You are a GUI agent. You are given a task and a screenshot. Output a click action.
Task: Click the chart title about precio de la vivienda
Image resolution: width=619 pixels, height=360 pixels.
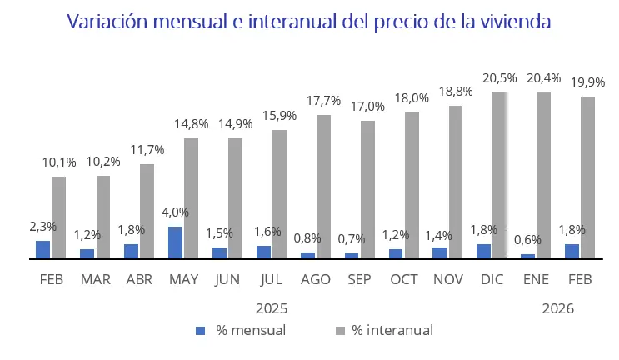(309, 21)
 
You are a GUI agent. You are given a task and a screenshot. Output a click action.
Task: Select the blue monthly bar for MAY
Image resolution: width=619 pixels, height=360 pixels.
(176, 242)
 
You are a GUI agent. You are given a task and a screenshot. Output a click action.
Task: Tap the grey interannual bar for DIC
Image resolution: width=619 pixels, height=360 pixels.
(499, 175)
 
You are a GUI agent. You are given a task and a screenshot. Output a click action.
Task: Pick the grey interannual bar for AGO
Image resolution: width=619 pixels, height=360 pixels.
(323, 187)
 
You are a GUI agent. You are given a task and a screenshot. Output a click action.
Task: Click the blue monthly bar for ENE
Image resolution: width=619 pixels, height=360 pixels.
(527, 256)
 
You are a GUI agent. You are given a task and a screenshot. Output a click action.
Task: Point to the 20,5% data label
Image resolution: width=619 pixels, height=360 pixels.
(499, 78)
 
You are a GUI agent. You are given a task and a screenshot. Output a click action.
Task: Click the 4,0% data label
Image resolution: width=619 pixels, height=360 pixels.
(176, 212)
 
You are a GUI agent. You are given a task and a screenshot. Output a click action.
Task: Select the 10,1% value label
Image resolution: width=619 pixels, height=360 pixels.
(59, 162)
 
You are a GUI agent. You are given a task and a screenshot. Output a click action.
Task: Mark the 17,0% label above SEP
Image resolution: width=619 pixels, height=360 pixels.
(367, 107)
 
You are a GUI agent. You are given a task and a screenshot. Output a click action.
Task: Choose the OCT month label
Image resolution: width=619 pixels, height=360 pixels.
(404, 279)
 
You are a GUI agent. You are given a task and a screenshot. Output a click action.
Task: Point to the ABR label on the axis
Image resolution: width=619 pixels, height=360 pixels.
(138, 279)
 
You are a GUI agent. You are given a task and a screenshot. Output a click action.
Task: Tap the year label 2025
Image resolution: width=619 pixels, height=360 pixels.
(272, 308)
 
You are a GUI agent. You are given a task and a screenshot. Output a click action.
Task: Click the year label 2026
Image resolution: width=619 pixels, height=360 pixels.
(558, 308)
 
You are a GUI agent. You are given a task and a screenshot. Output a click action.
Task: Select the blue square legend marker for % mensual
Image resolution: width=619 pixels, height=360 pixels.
(200, 331)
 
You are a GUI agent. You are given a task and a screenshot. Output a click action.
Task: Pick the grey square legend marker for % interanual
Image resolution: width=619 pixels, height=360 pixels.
(336, 331)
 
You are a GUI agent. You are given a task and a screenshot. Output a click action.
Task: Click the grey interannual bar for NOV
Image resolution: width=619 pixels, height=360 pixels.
(455, 182)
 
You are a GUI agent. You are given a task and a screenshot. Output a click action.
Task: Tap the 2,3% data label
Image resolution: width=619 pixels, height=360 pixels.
(42, 226)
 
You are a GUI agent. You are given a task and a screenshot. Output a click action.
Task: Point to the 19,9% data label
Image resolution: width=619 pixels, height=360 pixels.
(587, 82)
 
